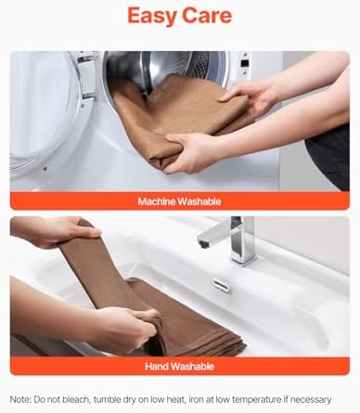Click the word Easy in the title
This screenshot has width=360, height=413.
pyautogui.click(x=152, y=16)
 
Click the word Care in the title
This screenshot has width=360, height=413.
pyautogui.click(x=207, y=16)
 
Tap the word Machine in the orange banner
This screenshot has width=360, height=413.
pyautogui.click(x=157, y=201)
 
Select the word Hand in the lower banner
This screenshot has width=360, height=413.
pyautogui.click(x=157, y=367)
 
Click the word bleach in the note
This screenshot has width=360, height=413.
pyautogui.click(x=76, y=399)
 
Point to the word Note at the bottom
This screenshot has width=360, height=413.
pyautogui.click(x=20, y=399)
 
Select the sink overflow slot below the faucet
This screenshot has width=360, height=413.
pyautogui.click(x=222, y=284)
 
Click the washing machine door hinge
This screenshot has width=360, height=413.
pyautogui.click(x=87, y=78)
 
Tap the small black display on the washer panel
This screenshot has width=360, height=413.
pyautogui.click(x=245, y=63)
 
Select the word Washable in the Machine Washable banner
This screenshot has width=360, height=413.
pyautogui.click(x=199, y=201)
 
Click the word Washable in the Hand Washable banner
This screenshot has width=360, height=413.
pyautogui.click(x=192, y=367)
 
